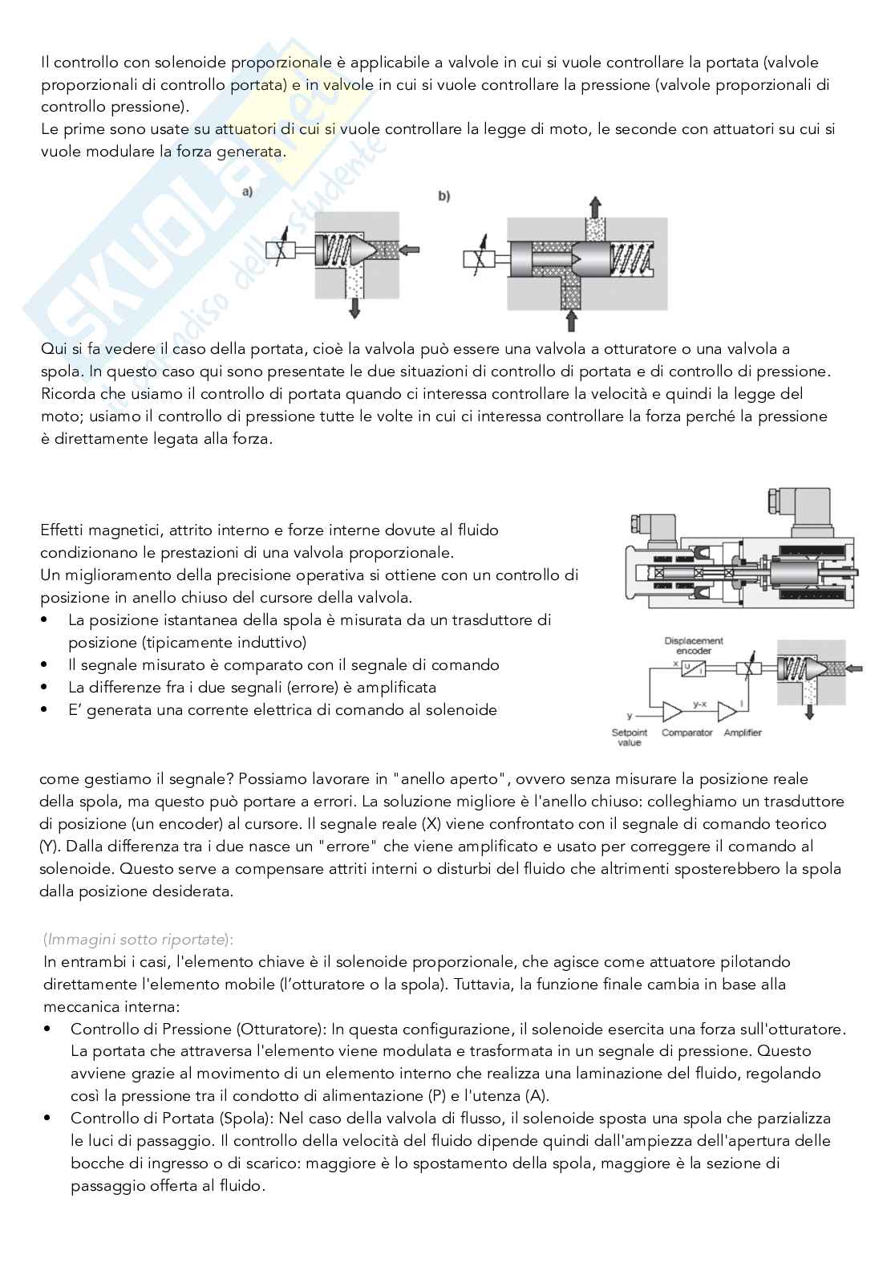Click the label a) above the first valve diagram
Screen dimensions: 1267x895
tap(247, 191)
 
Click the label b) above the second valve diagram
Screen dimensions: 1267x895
tap(443, 196)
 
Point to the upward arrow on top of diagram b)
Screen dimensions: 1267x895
tap(594, 205)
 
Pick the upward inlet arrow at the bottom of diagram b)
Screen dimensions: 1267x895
tap(573, 321)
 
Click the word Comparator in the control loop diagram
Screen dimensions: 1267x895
tap(687, 733)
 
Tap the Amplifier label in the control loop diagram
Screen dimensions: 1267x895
tap(742, 733)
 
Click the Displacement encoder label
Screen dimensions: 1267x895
tap(694, 646)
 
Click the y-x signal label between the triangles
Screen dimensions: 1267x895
tap(699, 704)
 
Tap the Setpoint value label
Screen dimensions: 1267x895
tap(630, 737)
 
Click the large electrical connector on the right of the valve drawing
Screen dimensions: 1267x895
tap(794, 514)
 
